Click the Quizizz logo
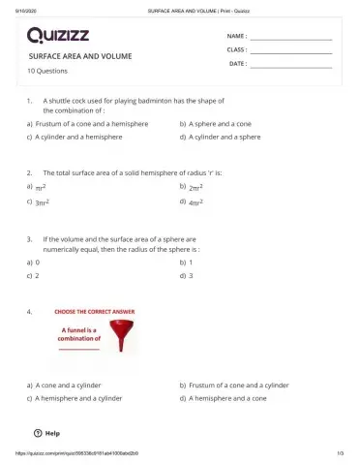[60, 36]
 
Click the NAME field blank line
[291, 38]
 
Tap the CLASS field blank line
[291, 51]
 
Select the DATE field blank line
[291, 66]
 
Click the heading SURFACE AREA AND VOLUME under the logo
[80, 57]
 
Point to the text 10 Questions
[47, 71]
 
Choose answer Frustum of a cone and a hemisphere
[88, 124]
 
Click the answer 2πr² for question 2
[195, 187]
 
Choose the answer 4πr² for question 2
[195, 203]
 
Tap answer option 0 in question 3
[37, 262]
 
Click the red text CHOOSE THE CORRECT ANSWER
[95, 312]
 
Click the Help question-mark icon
[38, 432]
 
